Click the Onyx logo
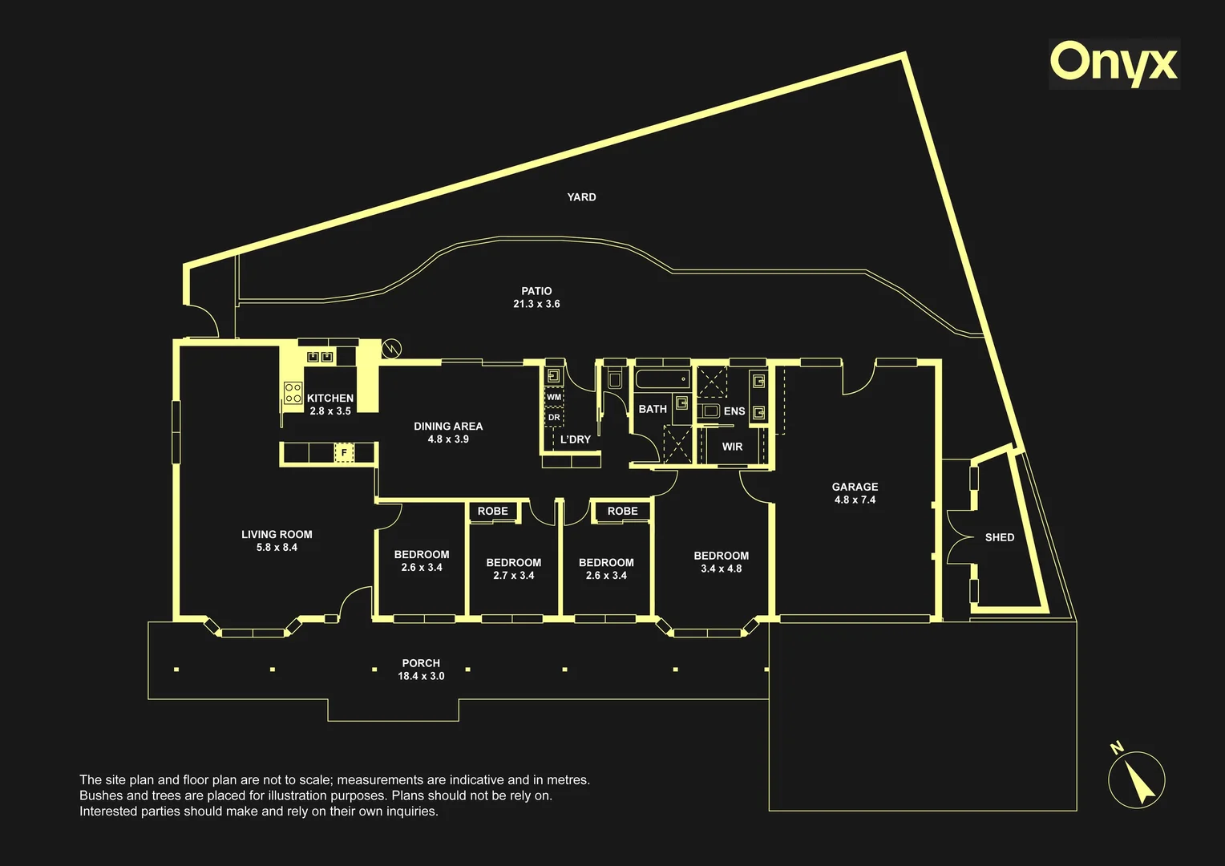(1114, 65)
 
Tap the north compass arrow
(1139, 781)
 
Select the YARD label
(581, 197)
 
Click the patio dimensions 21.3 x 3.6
(536, 304)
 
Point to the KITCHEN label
(330, 399)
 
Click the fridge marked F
(344, 452)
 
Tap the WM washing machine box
(554, 397)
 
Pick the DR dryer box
(554, 418)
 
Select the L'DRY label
(576, 439)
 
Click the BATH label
(653, 409)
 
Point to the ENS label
(734, 411)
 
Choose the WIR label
(732, 447)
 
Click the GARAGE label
(855, 487)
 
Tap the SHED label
(1000, 538)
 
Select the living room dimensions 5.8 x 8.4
(277, 548)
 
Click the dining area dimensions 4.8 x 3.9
(448, 439)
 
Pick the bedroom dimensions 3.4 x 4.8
(722, 569)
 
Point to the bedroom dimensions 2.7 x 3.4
(514, 576)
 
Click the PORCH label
(421, 664)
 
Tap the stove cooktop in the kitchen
(293, 393)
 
